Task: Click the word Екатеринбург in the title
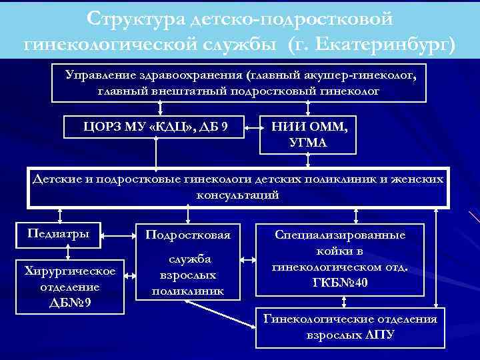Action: (389, 44)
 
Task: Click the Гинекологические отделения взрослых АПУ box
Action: (351, 326)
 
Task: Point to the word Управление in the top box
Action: (99, 75)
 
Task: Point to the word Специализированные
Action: (340, 235)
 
